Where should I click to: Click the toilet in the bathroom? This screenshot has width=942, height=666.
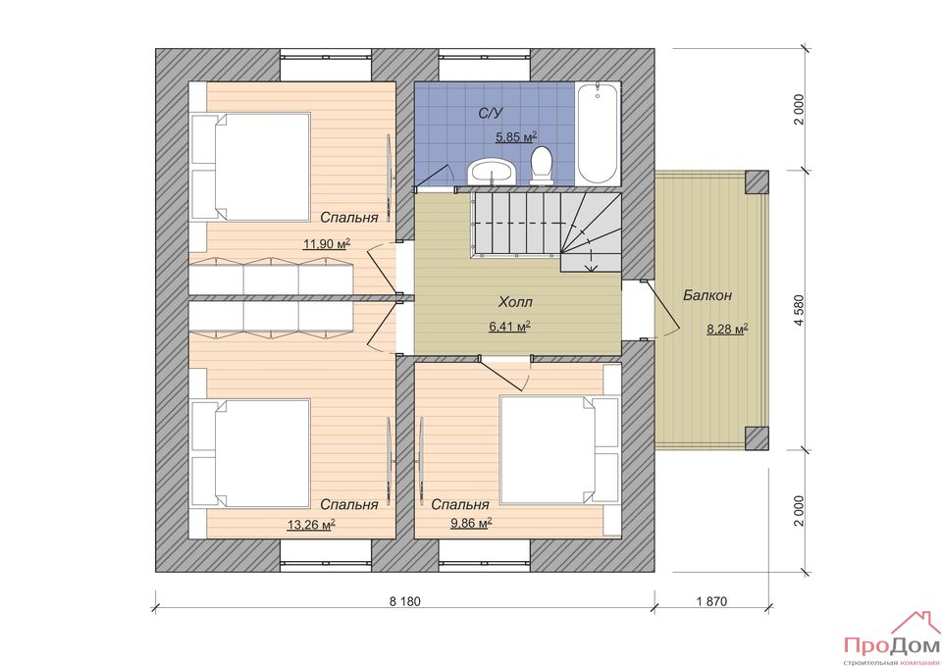pos(542,165)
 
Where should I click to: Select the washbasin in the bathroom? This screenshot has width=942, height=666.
pos(493,171)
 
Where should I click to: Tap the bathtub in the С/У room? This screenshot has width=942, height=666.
pos(597,134)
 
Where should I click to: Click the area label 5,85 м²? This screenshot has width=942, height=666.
pos(516,137)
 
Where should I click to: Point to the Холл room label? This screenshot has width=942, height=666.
pos(515,302)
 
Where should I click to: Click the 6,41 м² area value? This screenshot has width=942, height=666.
pos(509,327)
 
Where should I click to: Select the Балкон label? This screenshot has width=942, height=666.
pos(707,295)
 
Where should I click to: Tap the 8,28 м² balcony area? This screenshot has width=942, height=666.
pos(727,329)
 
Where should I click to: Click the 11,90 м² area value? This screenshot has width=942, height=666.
pos(327,244)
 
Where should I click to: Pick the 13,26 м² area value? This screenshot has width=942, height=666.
pos(311,525)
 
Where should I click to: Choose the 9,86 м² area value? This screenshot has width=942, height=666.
pos(472,523)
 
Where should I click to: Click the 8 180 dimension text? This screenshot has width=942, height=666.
pos(404,601)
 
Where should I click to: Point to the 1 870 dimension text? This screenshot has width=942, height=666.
pos(712,601)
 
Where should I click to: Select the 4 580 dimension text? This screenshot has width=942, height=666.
pos(798,310)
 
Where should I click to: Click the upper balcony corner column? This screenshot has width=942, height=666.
pos(757,181)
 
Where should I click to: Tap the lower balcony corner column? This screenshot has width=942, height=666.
pos(757,438)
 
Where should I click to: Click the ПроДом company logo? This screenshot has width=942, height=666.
pos(892,640)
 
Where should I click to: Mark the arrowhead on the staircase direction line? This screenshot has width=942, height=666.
pos(592,267)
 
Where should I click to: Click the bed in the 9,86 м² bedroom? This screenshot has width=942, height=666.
pos(559,450)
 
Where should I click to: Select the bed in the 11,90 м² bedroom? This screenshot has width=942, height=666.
pos(250,167)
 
